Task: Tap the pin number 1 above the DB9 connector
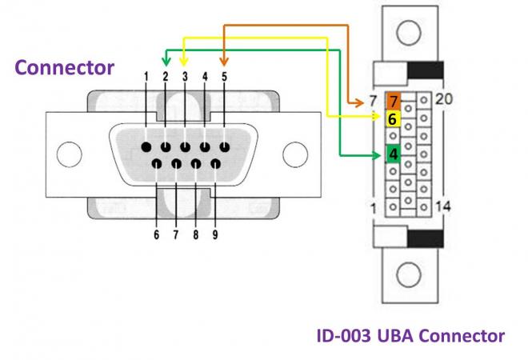pyautogui.click(x=146, y=77)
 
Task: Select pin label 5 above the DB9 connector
pyautogui.click(x=225, y=77)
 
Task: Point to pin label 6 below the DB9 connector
pyautogui.click(x=156, y=235)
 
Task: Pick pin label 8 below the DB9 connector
pyautogui.click(x=196, y=235)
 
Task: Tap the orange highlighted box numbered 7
pyautogui.click(x=394, y=101)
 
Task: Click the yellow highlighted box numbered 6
pyautogui.click(x=393, y=119)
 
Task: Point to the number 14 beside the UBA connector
pyautogui.click(x=442, y=206)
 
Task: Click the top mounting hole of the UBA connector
pyautogui.click(x=409, y=34)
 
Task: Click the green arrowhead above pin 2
pyautogui.click(x=166, y=61)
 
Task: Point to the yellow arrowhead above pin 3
pyautogui.click(x=185, y=61)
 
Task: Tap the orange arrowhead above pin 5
pyautogui.click(x=224, y=61)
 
